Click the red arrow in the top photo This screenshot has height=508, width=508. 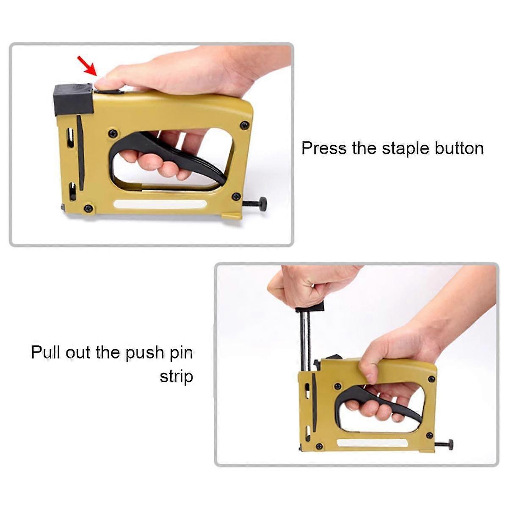[x=86, y=66]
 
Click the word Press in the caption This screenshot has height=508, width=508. [x=324, y=149]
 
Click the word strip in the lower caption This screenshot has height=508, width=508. [x=176, y=376]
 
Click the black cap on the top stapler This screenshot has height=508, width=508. [x=73, y=99]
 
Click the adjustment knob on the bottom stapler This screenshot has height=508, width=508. [x=449, y=445]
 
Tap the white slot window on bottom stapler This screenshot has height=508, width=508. [x=373, y=443]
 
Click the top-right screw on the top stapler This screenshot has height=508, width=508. [x=244, y=125]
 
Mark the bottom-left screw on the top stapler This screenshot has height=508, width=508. [x=88, y=208]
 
